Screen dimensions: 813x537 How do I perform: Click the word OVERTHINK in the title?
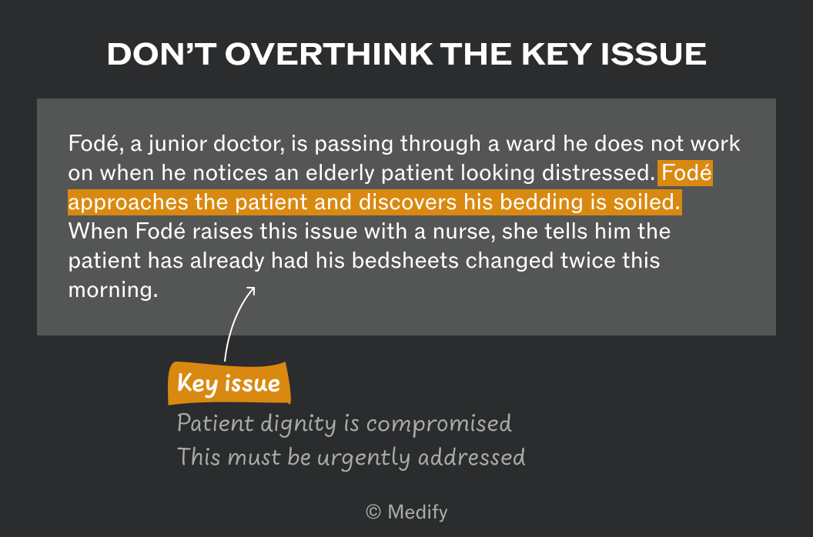329,54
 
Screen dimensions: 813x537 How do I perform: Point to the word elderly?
340,173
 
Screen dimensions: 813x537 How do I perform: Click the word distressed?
599,173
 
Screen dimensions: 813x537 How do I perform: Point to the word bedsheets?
406,261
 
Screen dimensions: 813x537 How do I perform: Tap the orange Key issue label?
229,383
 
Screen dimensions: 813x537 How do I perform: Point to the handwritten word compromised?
439,424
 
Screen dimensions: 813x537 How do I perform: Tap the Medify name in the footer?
417,512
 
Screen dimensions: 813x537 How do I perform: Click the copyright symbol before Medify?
373,512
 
